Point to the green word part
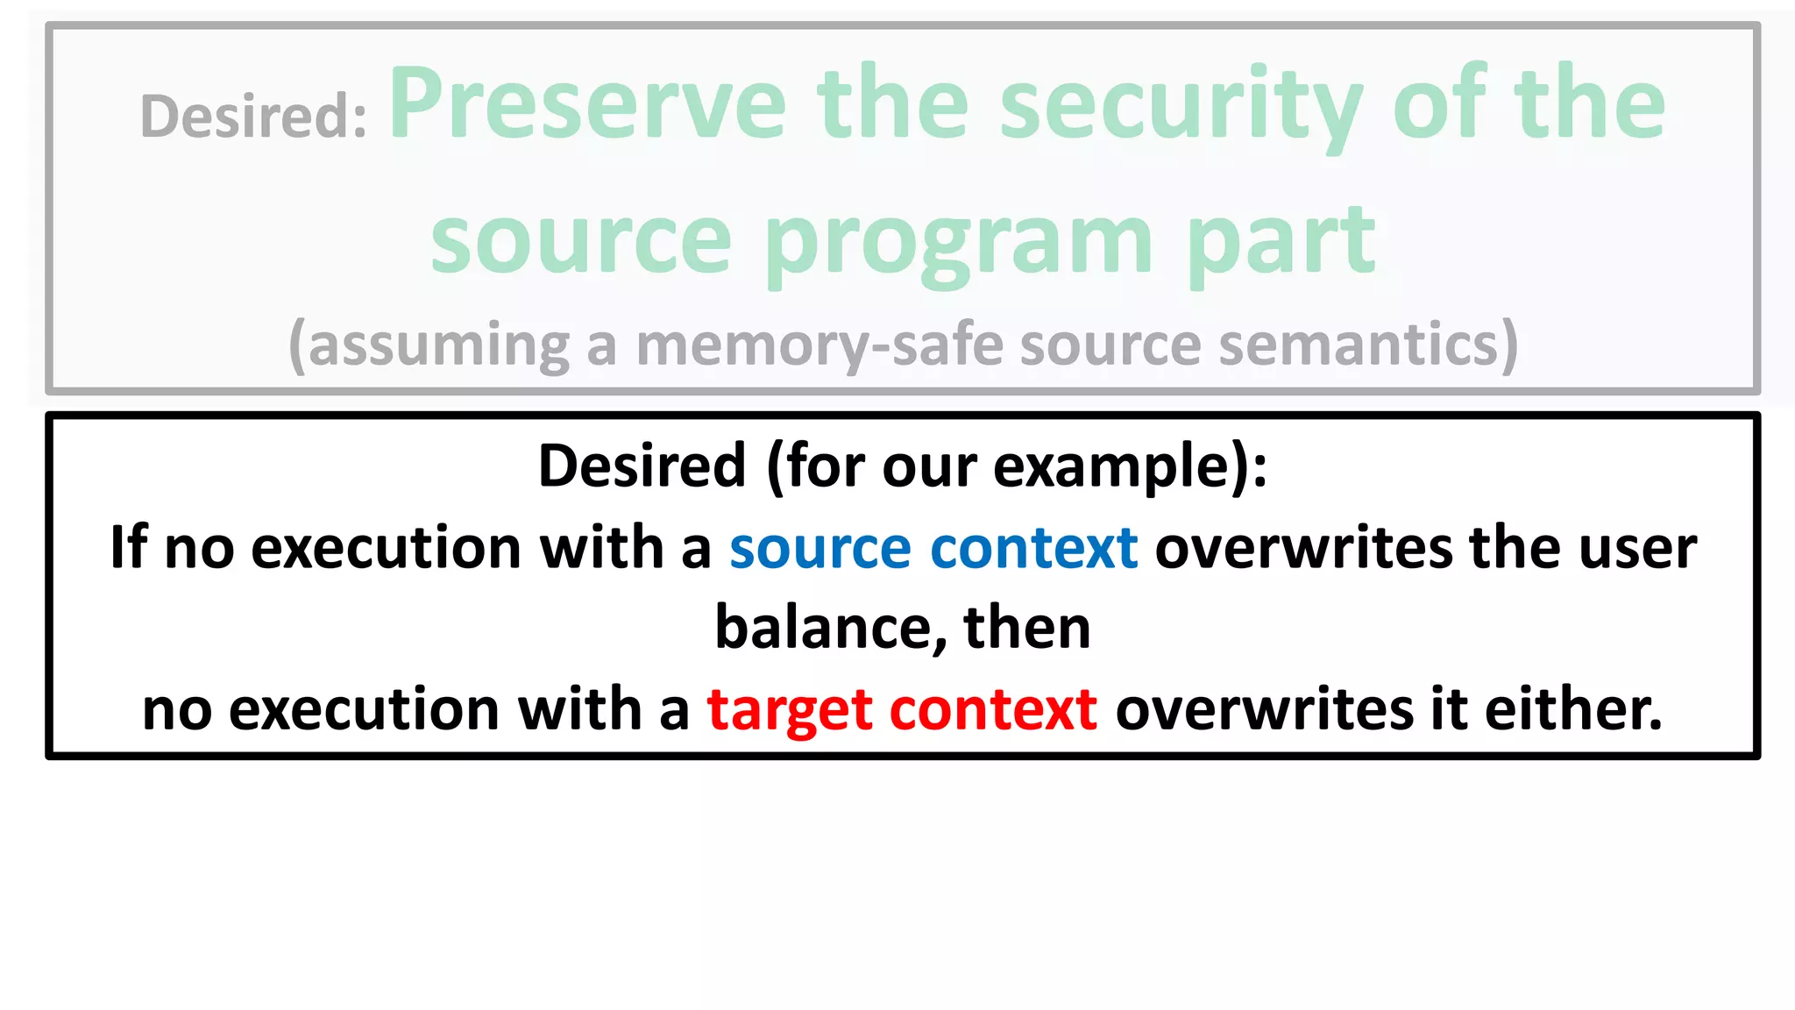click(x=1281, y=241)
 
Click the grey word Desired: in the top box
click(x=253, y=116)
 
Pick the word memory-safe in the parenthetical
click(x=819, y=345)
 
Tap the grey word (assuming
click(x=429, y=345)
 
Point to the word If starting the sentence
click(x=128, y=547)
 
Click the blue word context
click(x=1033, y=549)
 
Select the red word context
click(x=992, y=710)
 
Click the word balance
click(x=829, y=629)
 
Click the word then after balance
click(x=1026, y=629)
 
